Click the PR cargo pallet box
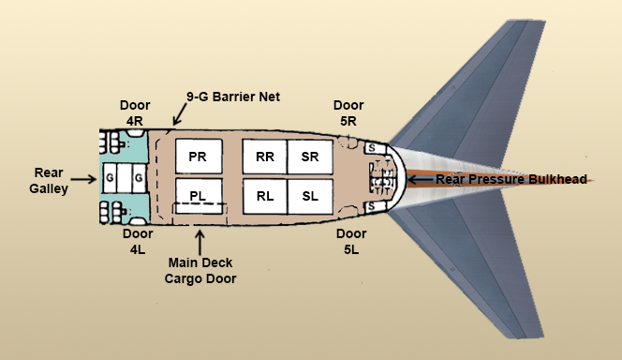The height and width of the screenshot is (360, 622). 198,157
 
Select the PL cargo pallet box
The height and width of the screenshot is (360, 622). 198,195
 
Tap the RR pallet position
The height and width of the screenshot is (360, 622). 264,157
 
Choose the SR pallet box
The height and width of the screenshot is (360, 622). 310,157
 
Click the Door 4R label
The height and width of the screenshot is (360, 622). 134,112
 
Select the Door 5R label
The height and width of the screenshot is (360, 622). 348,112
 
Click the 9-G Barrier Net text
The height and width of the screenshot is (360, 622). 233,96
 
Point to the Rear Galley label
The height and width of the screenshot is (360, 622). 48,179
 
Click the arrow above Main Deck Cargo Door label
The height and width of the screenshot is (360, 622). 199,235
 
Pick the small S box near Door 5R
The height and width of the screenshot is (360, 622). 371,148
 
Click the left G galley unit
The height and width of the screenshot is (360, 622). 111,177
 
